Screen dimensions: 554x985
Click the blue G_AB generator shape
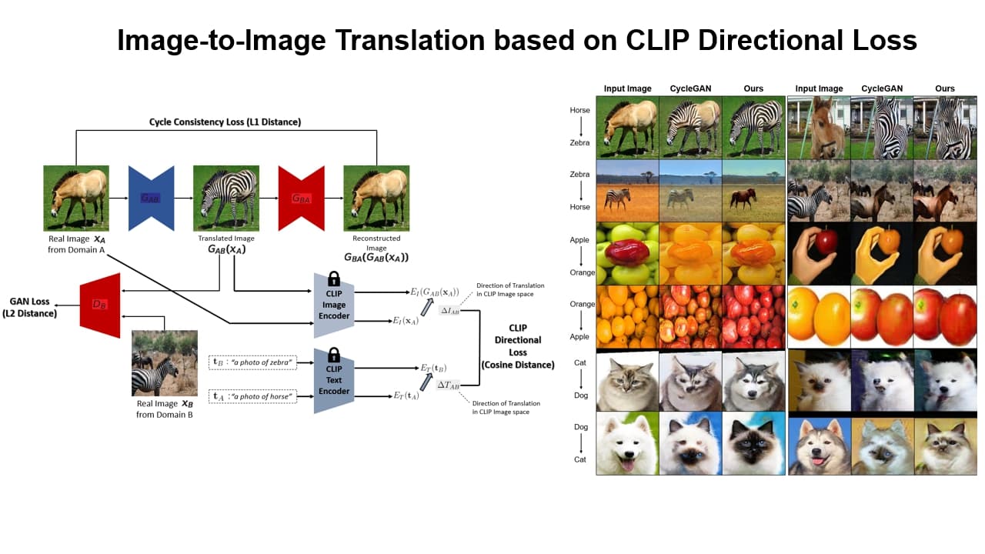click(x=151, y=198)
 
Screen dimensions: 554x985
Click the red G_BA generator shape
click(x=301, y=198)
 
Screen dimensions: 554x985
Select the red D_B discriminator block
click(x=100, y=305)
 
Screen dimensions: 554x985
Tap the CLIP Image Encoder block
click(x=333, y=305)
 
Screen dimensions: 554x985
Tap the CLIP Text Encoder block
click(x=333, y=381)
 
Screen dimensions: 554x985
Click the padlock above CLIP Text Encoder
click(x=333, y=355)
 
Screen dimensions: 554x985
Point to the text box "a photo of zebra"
click(x=252, y=362)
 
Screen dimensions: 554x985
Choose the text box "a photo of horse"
click(x=252, y=396)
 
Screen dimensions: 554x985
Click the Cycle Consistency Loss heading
click(x=225, y=122)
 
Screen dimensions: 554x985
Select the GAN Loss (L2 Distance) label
click(x=32, y=307)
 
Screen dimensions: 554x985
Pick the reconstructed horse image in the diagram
click(x=376, y=198)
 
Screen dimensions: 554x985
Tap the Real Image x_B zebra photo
click(x=164, y=363)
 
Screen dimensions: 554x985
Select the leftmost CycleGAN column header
click(x=690, y=88)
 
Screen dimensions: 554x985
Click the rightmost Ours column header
click(x=944, y=88)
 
